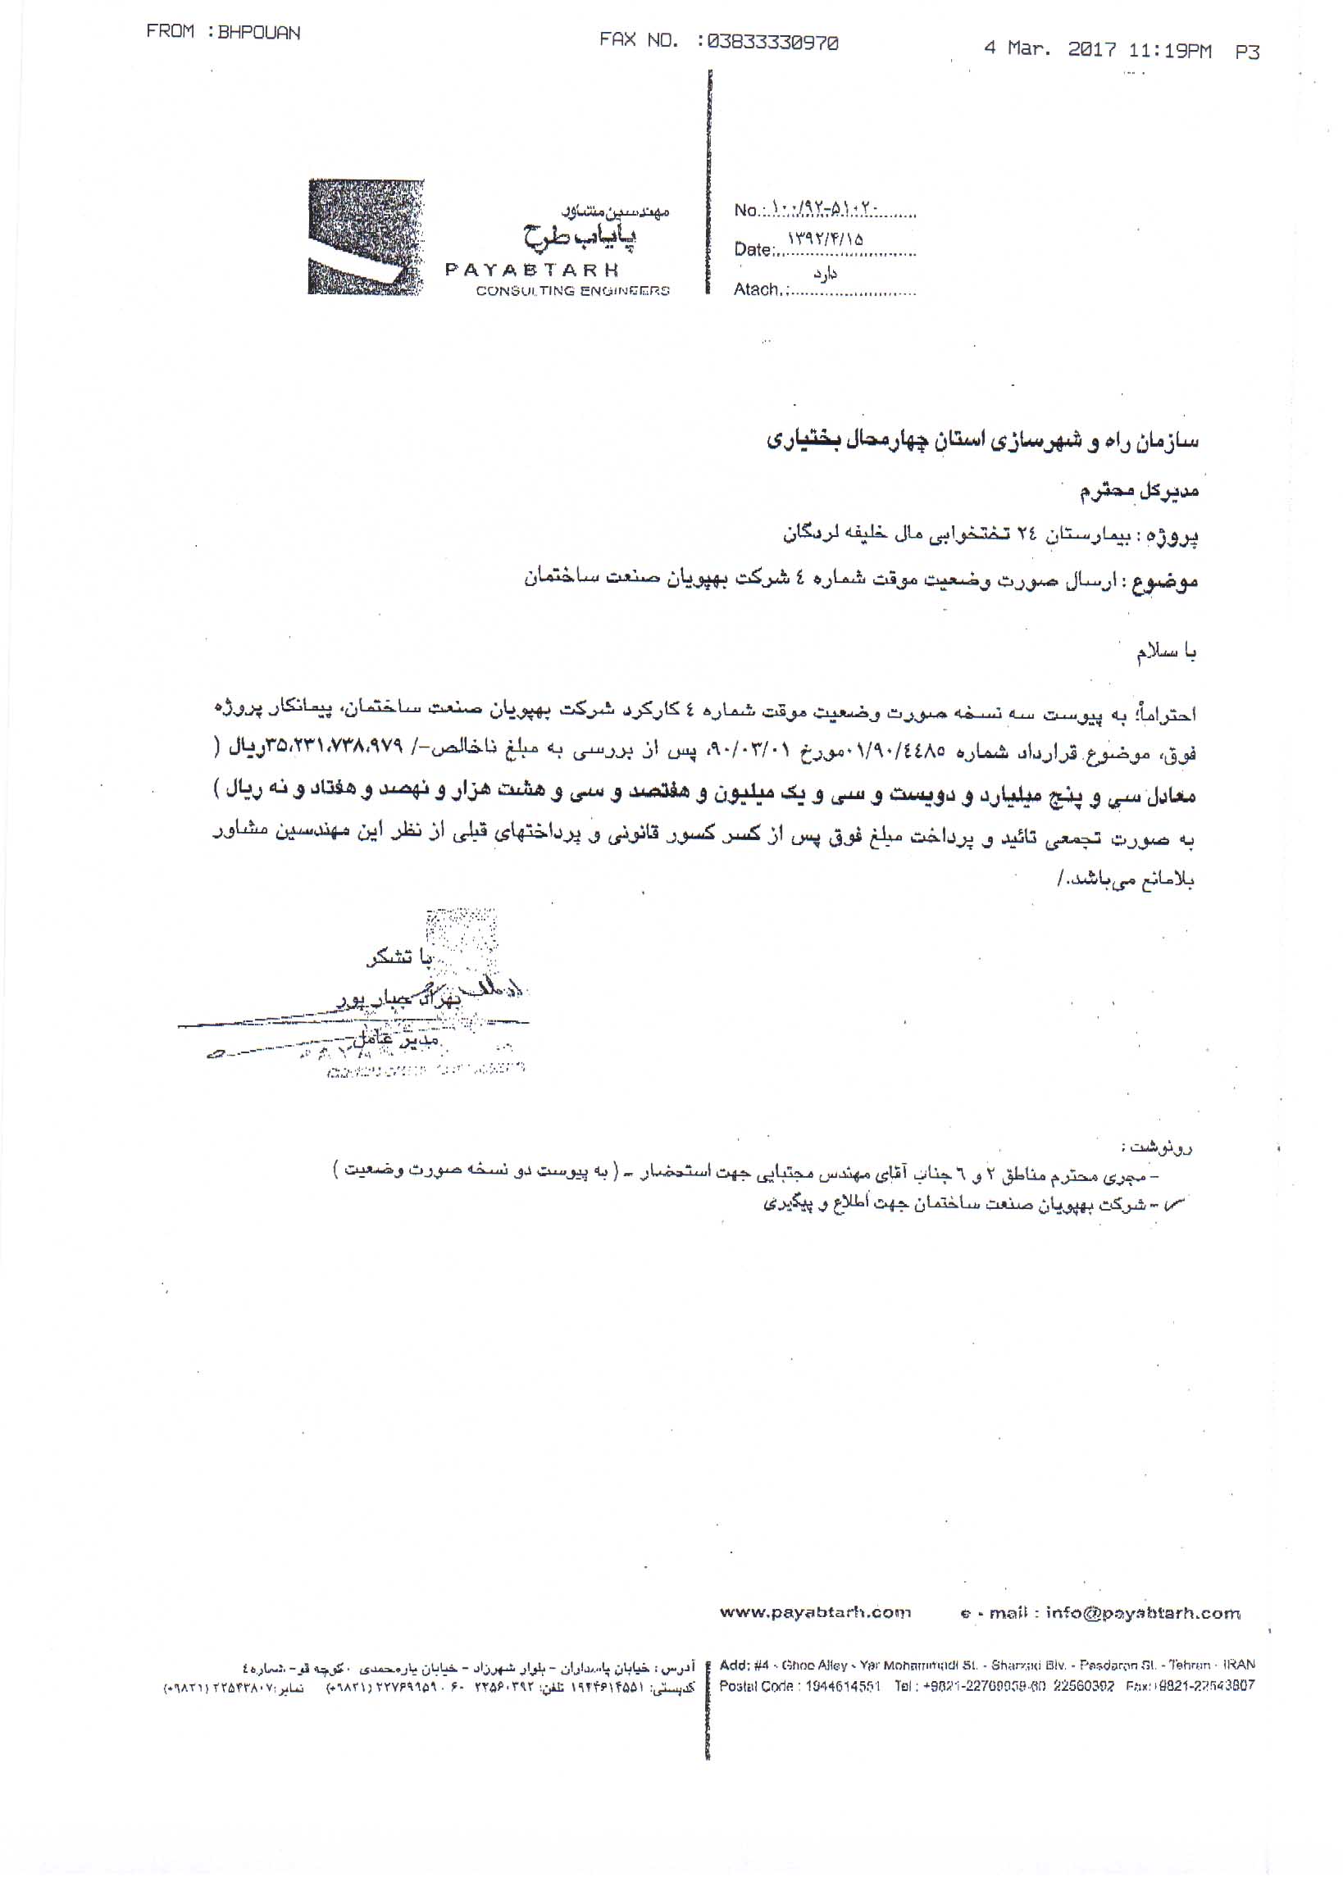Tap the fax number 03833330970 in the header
point(770,43)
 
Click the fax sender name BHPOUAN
point(258,33)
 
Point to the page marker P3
point(1246,52)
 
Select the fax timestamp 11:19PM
point(1170,52)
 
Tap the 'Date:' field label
point(753,250)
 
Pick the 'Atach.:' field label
point(758,289)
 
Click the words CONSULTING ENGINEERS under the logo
point(572,291)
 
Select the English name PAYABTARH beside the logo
point(544,270)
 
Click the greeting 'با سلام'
point(1168,653)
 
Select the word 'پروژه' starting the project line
point(1178,537)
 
